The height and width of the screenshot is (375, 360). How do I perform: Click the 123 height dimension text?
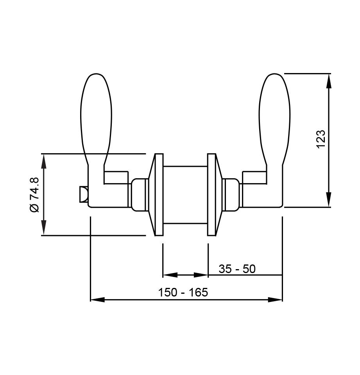[x=321, y=139]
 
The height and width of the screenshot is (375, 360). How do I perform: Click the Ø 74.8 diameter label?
[x=34, y=194]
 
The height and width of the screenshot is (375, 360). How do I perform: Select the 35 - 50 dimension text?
[x=237, y=269]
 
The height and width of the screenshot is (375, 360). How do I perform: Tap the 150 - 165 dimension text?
[x=183, y=293]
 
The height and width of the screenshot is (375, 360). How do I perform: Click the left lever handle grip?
[x=96, y=117]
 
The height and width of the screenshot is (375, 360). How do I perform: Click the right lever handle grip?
[x=275, y=117]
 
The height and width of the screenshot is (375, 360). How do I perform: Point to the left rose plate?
[x=158, y=195]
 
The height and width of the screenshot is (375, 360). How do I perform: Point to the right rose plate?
[x=211, y=195]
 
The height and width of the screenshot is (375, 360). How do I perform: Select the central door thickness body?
[x=185, y=195]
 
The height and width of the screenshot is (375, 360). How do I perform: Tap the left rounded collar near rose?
[x=139, y=195]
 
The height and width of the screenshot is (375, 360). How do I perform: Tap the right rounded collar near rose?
[x=231, y=195]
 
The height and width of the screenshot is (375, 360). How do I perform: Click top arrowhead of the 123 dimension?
[x=329, y=80]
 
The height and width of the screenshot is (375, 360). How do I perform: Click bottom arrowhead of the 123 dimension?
[x=329, y=200]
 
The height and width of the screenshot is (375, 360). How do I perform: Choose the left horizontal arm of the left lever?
[x=116, y=177]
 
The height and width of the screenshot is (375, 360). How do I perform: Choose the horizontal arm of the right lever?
[x=254, y=177]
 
